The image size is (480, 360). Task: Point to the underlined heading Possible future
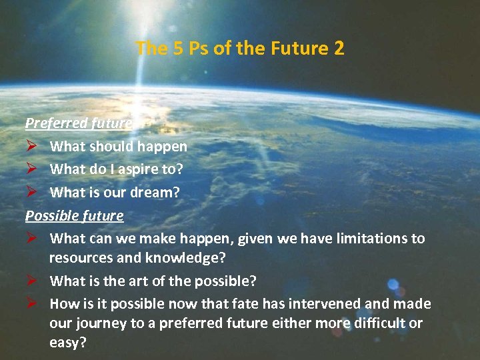[74, 216]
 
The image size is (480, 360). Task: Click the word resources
[80, 257]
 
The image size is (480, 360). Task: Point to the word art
[133, 281]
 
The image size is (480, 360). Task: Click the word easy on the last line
[67, 343]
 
